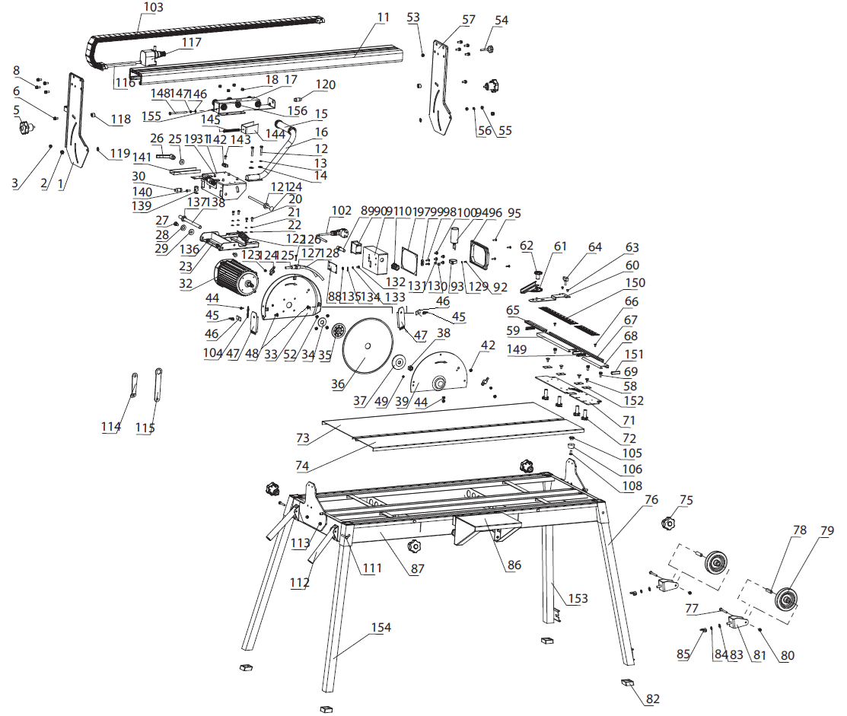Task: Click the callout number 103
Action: click(x=153, y=8)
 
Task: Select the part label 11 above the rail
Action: click(x=383, y=17)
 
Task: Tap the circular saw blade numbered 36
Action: click(x=366, y=348)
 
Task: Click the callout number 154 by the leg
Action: click(x=381, y=628)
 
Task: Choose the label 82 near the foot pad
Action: click(x=653, y=699)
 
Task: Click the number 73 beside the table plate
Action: click(x=303, y=438)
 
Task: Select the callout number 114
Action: click(x=111, y=428)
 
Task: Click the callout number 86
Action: click(x=514, y=565)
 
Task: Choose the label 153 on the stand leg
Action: click(x=578, y=599)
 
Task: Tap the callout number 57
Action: click(x=469, y=19)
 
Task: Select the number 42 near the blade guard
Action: click(x=488, y=346)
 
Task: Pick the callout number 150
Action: click(x=635, y=283)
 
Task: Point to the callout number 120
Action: click(x=326, y=84)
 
